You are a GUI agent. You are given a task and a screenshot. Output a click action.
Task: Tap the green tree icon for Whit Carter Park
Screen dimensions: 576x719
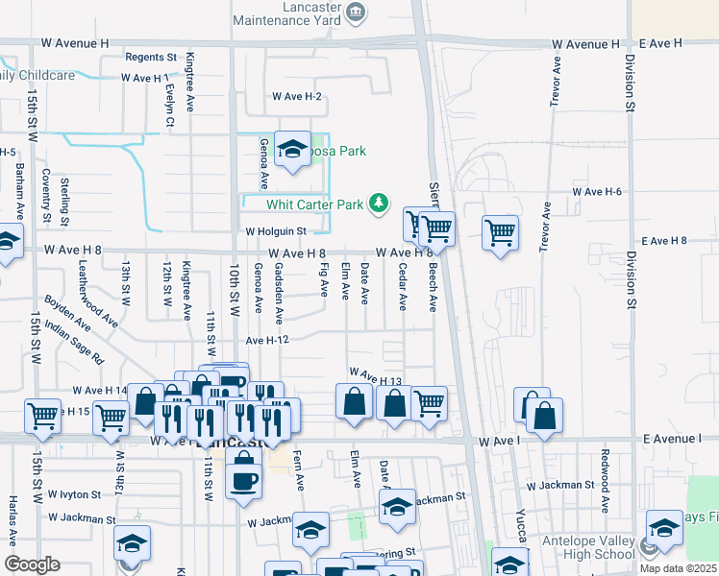pyautogui.click(x=381, y=203)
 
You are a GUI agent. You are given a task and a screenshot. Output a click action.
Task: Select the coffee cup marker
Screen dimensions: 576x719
pyautogui.click(x=244, y=476)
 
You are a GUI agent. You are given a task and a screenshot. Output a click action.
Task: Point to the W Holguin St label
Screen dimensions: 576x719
pyautogui.click(x=275, y=231)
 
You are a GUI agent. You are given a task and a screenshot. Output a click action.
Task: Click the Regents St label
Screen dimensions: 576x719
pyautogui.click(x=152, y=58)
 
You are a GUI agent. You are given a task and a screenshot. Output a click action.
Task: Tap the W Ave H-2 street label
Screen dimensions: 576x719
pyautogui.click(x=296, y=97)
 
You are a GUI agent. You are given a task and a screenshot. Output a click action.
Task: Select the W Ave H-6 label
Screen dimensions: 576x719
pyautogui.click(x=597, y=192)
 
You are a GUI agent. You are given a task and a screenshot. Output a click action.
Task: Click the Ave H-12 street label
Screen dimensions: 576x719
pyautogui.click(x=267, y=340)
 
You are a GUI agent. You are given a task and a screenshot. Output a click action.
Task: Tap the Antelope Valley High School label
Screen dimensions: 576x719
pyautogui.click(x=589, y=547)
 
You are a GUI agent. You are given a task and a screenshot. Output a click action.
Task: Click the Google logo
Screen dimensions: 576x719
pyautogui.click(x=33, y=564)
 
